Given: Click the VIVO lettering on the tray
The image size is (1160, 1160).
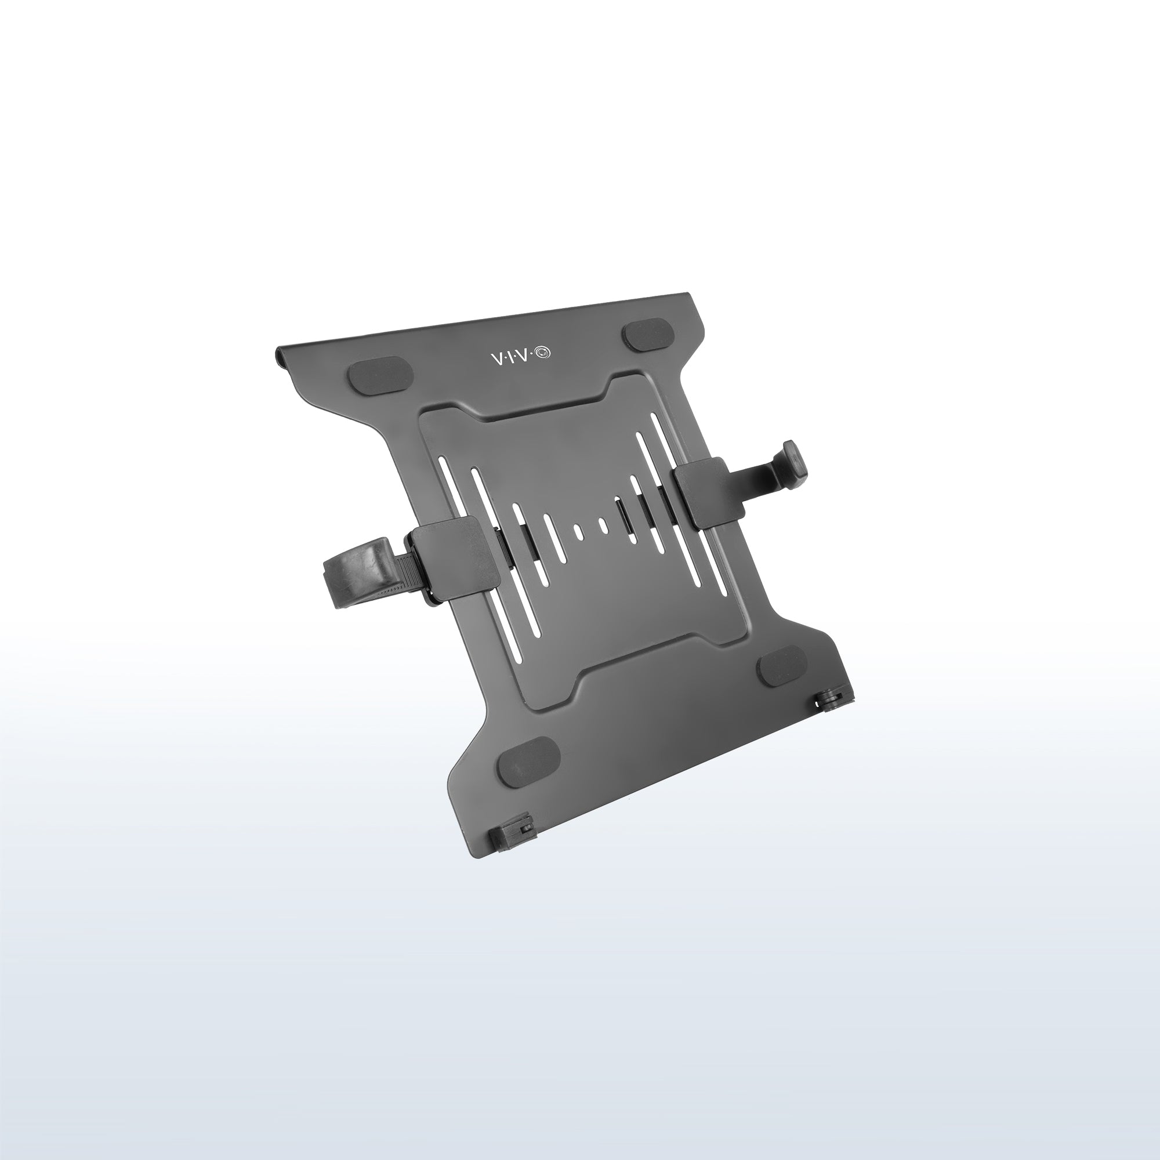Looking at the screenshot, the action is (x=520, y=357).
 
